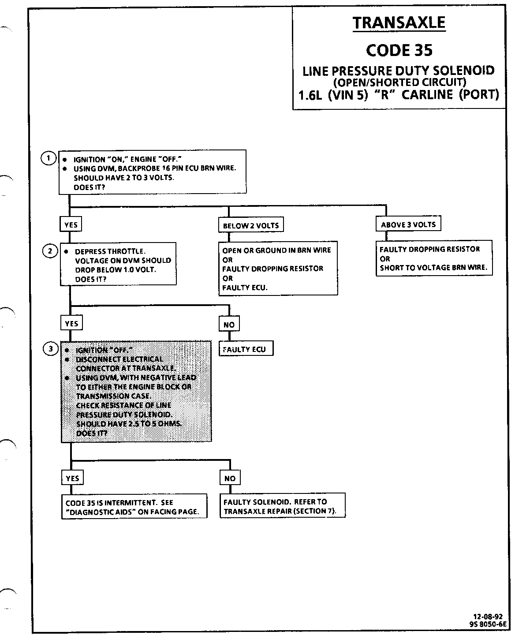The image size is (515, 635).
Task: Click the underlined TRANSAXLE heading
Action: (x=399, y=23)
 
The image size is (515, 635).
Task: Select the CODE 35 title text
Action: (x=399, y=50)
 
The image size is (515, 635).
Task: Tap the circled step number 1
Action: (x=49, y=158)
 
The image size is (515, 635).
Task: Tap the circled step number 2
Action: (x=49, y=251)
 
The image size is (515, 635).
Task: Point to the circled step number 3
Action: (x=50, y=349)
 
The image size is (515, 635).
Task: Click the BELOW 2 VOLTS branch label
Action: (x=251, y=225)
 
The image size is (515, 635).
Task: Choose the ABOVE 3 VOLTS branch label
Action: (x=408, y=224)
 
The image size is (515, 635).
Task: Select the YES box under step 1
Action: (x=71, y=225)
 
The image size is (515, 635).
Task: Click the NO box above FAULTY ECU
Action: (x=229, y=325)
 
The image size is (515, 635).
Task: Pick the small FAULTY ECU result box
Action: (x=246, y=349)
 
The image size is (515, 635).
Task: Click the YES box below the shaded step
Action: (x=72, y=478)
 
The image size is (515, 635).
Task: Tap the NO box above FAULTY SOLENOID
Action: (x=230, y=478)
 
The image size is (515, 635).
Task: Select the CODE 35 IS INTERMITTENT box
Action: (x=134, y=507)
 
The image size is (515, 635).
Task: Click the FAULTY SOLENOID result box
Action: (x=282, y=506)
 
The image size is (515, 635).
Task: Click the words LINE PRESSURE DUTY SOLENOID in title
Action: (x=398, y=71)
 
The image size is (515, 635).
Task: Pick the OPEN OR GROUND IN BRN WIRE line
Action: (x=276, y=250)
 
